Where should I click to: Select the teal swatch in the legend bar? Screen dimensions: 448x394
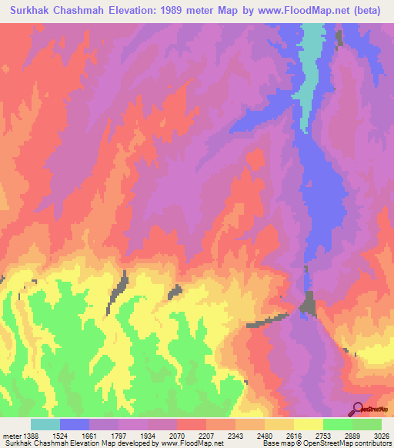tap(45, 424)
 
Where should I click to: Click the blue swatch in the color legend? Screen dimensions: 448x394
tap(75, 424)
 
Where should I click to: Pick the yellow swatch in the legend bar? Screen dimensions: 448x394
tap(308, 424)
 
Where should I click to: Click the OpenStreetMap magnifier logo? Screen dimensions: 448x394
tap(358, 408)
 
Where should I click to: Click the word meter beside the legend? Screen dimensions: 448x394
tap(12, 436)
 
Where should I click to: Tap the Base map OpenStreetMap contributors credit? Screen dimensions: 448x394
tap(324, 444)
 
